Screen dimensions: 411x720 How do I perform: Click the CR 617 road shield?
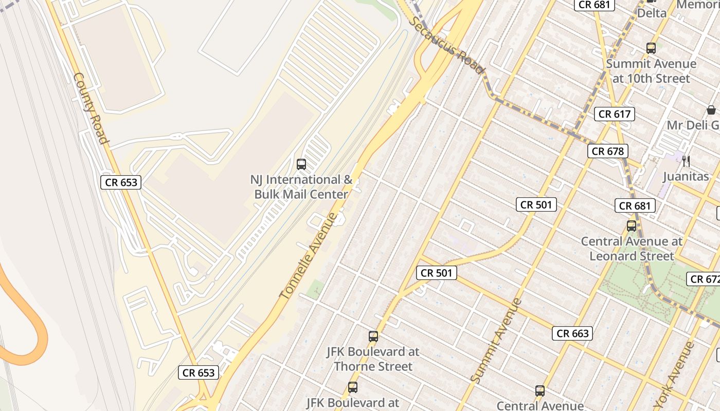615,114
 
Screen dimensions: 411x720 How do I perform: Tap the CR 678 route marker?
608,151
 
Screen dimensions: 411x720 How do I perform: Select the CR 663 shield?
573,333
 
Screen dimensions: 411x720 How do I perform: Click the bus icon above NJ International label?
301,164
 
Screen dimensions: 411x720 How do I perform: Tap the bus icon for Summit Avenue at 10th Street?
651,48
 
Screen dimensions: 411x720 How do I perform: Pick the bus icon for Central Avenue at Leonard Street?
632,226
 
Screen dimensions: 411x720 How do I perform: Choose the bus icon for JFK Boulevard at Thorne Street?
373,337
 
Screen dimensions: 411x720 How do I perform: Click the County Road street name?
91,108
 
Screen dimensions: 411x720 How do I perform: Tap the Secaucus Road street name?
448,45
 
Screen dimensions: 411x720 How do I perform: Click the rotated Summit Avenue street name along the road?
496,340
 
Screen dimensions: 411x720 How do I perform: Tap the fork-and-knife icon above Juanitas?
686,161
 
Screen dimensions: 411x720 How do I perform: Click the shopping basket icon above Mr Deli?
711,110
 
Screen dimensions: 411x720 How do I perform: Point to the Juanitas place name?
686,177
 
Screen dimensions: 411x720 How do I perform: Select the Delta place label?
652,13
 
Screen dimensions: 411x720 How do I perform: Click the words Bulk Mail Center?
301,194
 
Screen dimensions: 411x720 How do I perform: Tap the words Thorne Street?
373,366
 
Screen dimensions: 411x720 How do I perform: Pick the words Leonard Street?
632,255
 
